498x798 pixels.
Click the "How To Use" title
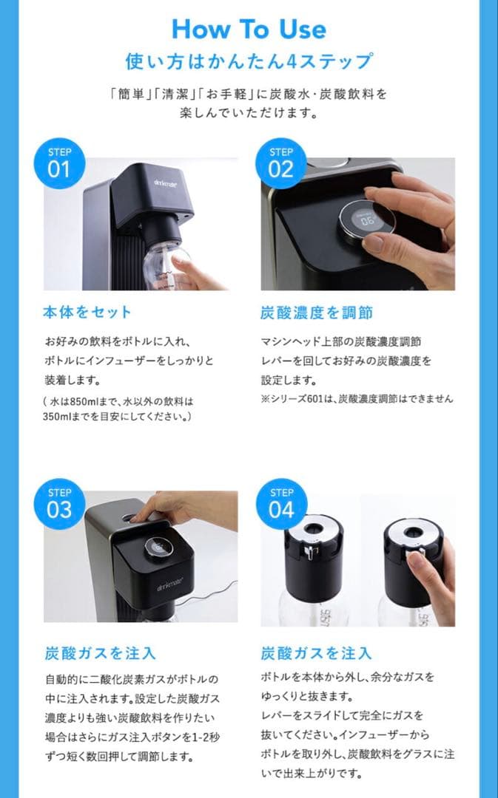coord(248,29)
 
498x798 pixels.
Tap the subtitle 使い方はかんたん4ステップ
coord(248,61)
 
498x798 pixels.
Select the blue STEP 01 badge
coord(59,163)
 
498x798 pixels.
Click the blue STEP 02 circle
coord(281,163)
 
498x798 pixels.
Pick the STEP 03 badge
coord(59,504)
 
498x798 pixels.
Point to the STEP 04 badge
coord(281,504)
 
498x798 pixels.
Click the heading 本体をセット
coord(87,313)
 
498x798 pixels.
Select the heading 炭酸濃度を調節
coord(317,313)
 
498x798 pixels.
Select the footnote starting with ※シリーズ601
coord(357,399)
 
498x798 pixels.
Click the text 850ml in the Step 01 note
coord(87,402)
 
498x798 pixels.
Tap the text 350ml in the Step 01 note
coord(61,416)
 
